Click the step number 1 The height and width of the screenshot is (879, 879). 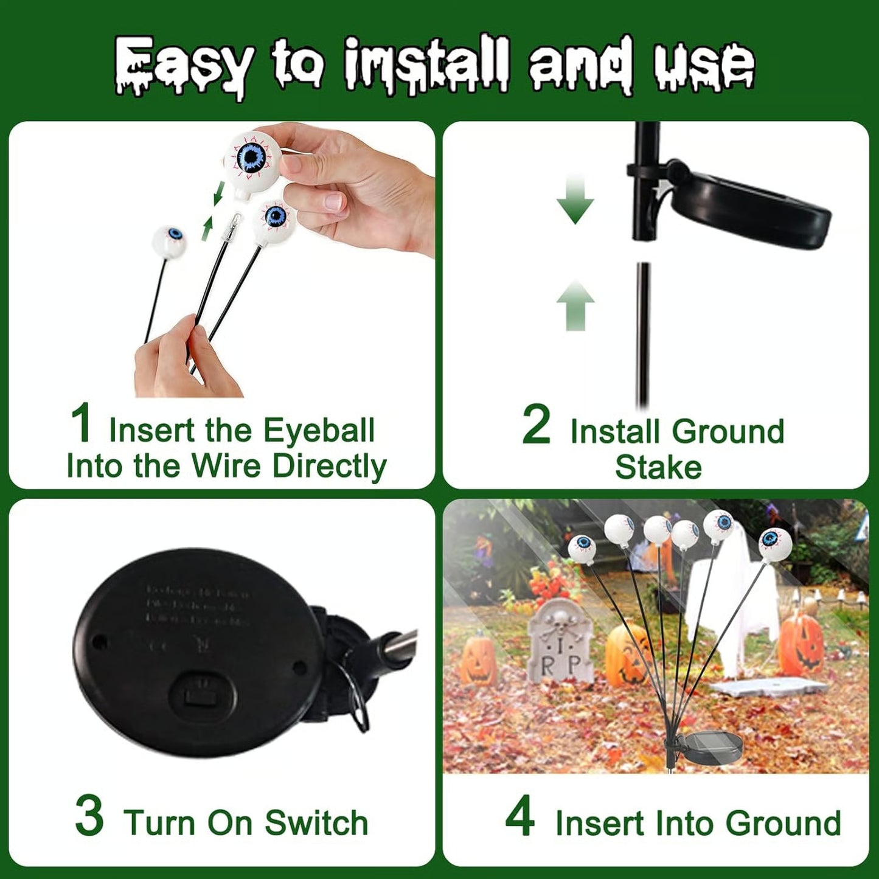pyautogui.click(x=81, y=423)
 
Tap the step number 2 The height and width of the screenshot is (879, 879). pyautogui.click(x=536, y=425)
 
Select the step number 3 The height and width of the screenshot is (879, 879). pyautogui.click(x=89, y=816)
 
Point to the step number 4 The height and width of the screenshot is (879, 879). pyautogui.click(x=520, y=816)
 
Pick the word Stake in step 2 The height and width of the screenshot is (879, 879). pyautogui.click(x=658, y=467)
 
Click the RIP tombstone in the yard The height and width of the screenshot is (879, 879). pyautogui.click(x=558, y=642)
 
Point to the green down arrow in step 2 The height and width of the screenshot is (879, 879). pyautogui.click(x=575, y=200)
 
